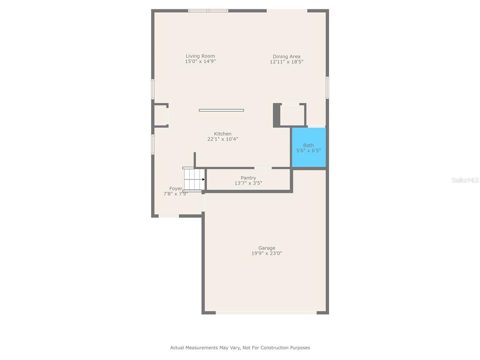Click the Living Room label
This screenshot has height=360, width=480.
200,56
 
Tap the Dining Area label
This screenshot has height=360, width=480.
286,56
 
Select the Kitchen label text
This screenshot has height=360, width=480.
223,134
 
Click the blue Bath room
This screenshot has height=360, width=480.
309,148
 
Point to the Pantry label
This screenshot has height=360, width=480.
248,178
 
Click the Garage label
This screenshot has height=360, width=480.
267,248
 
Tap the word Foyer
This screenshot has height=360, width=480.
176,188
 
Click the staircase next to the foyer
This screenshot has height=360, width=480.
194,180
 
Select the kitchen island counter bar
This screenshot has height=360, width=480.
221,110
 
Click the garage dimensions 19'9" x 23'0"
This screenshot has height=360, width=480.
267,253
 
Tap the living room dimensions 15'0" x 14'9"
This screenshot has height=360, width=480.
200,61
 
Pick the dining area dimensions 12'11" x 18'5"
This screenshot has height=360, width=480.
286,61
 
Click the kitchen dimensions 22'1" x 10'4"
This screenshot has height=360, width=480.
223,139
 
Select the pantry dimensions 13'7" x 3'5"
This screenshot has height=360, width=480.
248,183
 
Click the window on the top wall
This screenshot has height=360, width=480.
208,11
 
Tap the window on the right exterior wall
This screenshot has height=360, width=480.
327,88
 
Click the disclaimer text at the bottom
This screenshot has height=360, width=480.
240,347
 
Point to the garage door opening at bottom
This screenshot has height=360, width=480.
266,313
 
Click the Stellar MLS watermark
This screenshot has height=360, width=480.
465,180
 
